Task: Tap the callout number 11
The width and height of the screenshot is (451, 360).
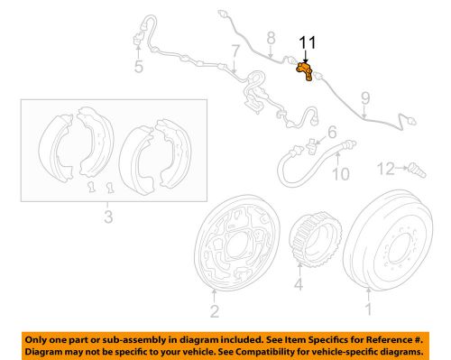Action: pos(308,42)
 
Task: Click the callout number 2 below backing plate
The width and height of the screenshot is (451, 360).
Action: pos(214,312)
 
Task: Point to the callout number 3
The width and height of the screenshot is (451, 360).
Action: pos(108,217)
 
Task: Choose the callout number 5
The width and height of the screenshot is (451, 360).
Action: pos(138,67)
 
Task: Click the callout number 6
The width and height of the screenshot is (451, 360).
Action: pos(332,132)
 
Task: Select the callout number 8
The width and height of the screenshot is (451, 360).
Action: pos(268,37)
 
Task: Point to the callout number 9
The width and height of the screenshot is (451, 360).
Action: pos(365,97)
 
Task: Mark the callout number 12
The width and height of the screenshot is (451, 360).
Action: pos(385,168)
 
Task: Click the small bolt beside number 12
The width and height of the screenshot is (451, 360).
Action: pos(416,167)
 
